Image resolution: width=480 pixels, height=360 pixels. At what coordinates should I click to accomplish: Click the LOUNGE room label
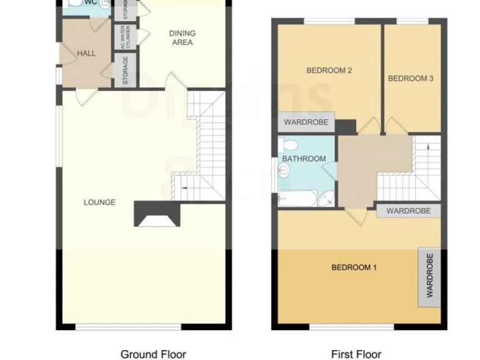coord(100,202)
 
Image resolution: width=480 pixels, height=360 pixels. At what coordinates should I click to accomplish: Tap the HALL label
coord(86,53)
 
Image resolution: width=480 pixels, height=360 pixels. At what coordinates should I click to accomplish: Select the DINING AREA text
coord(181,38)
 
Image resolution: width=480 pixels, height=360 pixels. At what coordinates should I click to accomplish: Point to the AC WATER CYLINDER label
coord(125,37)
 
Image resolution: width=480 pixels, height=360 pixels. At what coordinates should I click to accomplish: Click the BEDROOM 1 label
coord(354,267)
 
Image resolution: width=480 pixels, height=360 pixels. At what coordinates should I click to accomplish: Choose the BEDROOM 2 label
coord(329,71)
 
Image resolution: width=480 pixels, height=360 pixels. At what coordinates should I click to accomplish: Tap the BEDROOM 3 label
coord(410,78)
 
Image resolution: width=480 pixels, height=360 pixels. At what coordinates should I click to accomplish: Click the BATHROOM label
coord(304,159)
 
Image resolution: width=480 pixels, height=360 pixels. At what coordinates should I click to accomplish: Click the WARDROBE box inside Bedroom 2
coord(306,122)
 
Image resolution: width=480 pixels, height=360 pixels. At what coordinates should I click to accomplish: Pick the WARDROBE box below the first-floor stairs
coord(408,211)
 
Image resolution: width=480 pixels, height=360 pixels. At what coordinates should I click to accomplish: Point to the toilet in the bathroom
coord(289,145)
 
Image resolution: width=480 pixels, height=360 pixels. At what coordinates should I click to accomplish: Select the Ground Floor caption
coord(153,354)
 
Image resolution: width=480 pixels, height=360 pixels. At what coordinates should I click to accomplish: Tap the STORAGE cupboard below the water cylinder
coord(125,70)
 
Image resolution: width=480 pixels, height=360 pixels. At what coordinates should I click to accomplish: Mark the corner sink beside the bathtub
coord(327,199)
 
